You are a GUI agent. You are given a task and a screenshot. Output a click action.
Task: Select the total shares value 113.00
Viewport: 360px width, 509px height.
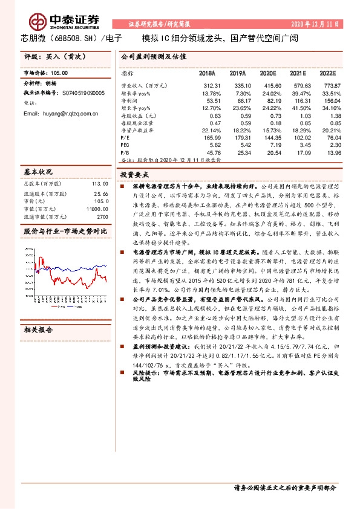click(x=100, y=183)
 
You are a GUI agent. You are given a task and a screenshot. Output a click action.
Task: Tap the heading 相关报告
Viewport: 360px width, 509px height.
click(x=38, y=330)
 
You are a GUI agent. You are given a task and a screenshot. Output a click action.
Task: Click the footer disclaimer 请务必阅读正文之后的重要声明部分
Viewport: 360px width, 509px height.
click(x=284, y=487)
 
